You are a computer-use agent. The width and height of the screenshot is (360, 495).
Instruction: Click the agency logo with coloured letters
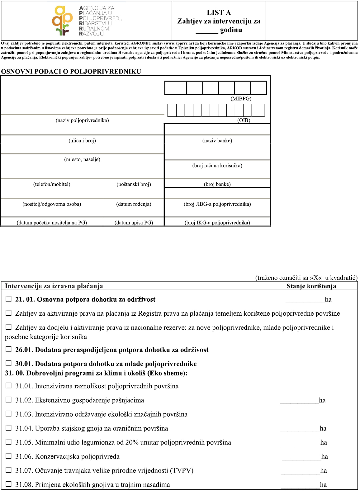click(87, 21)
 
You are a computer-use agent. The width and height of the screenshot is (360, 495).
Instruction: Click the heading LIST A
click(219, 12)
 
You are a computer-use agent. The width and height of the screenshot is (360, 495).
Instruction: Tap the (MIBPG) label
click(241, 99)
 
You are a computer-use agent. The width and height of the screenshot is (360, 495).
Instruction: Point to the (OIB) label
click(244, 120)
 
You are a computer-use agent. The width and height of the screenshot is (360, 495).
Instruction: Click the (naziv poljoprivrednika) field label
click(82, 120)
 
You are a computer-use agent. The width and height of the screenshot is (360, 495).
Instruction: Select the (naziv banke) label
click(217, 141)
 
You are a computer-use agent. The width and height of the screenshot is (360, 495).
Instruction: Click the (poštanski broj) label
click(134, 184)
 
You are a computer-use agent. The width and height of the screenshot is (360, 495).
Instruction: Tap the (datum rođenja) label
click(134, 204)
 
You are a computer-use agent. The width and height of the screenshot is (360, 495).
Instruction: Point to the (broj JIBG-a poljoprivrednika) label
click(217, 204)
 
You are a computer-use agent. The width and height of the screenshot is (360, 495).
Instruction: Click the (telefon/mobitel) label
click(52, 184)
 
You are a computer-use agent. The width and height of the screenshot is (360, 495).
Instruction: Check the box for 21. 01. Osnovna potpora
click(9, 299)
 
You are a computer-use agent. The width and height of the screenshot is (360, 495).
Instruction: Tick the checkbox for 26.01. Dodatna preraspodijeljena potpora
click(9, 349)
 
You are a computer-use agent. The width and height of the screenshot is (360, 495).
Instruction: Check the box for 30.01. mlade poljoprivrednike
click(9, 363)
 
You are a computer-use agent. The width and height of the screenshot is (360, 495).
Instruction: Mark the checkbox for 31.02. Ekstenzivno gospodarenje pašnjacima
click(9, 400)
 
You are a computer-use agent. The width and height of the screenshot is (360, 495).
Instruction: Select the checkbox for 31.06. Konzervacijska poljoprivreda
click(9, 456)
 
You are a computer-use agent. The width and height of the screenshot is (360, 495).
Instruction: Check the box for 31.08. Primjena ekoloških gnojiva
click(9, 484)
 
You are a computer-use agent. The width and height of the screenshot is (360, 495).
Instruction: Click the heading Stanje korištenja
click(311, 286)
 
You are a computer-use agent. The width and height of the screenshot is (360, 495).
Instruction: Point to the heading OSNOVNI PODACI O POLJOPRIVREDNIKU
click(71, 72)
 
